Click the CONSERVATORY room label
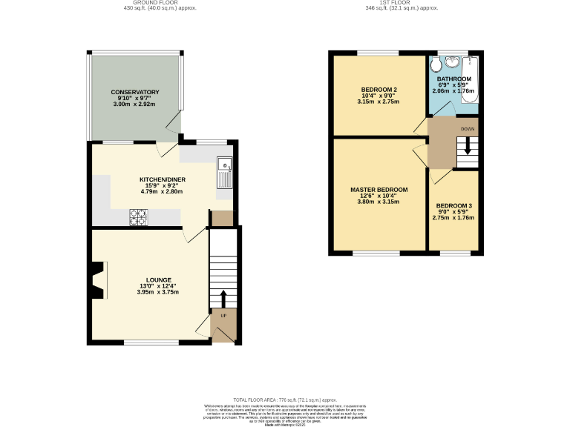point(135,92)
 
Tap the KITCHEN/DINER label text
point(161,179)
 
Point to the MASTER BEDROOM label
point(379,189)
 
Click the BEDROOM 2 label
point(379,90)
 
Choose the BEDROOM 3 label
point(453,205)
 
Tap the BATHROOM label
point(453,79)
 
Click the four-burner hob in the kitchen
point(139,216)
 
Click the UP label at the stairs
point(223,316)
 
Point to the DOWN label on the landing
point(467,129)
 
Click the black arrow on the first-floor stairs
point(467,146)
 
